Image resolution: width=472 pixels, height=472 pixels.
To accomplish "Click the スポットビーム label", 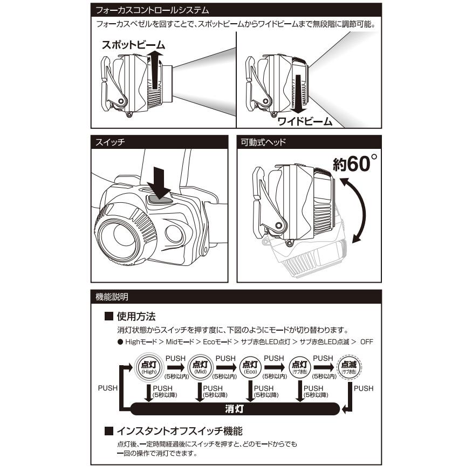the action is pyautogui.click(x=133, y=45).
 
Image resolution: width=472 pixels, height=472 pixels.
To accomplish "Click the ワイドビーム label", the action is pyautogui.click(x=305, y=121).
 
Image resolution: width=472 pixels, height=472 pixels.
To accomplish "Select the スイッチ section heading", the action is pyautogui.click(x=110, y=142).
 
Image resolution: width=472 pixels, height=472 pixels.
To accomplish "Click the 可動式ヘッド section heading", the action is pyautogui.click(x=263, y=142).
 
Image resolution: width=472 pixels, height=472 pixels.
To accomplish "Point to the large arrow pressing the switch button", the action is pyautogui.click(x=159, y=183).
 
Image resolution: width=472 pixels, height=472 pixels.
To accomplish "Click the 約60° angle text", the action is pyautogui.click(x=355, y=163).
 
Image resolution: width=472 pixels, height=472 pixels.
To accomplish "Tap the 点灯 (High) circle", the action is pyautogui.click(x=149, y=367).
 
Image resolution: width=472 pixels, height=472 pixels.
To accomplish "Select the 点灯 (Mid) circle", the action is pyautogui.click(x=200, y=367).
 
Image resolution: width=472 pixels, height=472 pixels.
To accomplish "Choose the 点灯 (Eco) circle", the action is pyautogui.click(x=250, y=367).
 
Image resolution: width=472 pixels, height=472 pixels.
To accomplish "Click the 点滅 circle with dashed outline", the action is pyautogui.click(x=349, y=367).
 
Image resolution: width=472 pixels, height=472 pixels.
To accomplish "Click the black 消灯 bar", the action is pyautogui.click(x=235, y=409).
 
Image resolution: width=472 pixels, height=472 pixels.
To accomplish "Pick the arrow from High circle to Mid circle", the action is pyautogui.click(x=176, y=367).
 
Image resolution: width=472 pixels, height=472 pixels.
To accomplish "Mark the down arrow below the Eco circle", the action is pyautogui.click(x=250, y=391).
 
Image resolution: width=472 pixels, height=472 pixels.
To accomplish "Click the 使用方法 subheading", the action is pyautogui.click(x=136, y=316).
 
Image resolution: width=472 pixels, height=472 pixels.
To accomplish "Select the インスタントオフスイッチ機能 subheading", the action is pyautogui.click(x=180, y=431).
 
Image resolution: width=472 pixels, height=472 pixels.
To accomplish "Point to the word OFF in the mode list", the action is pyautogui.click(x=367, y=342).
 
